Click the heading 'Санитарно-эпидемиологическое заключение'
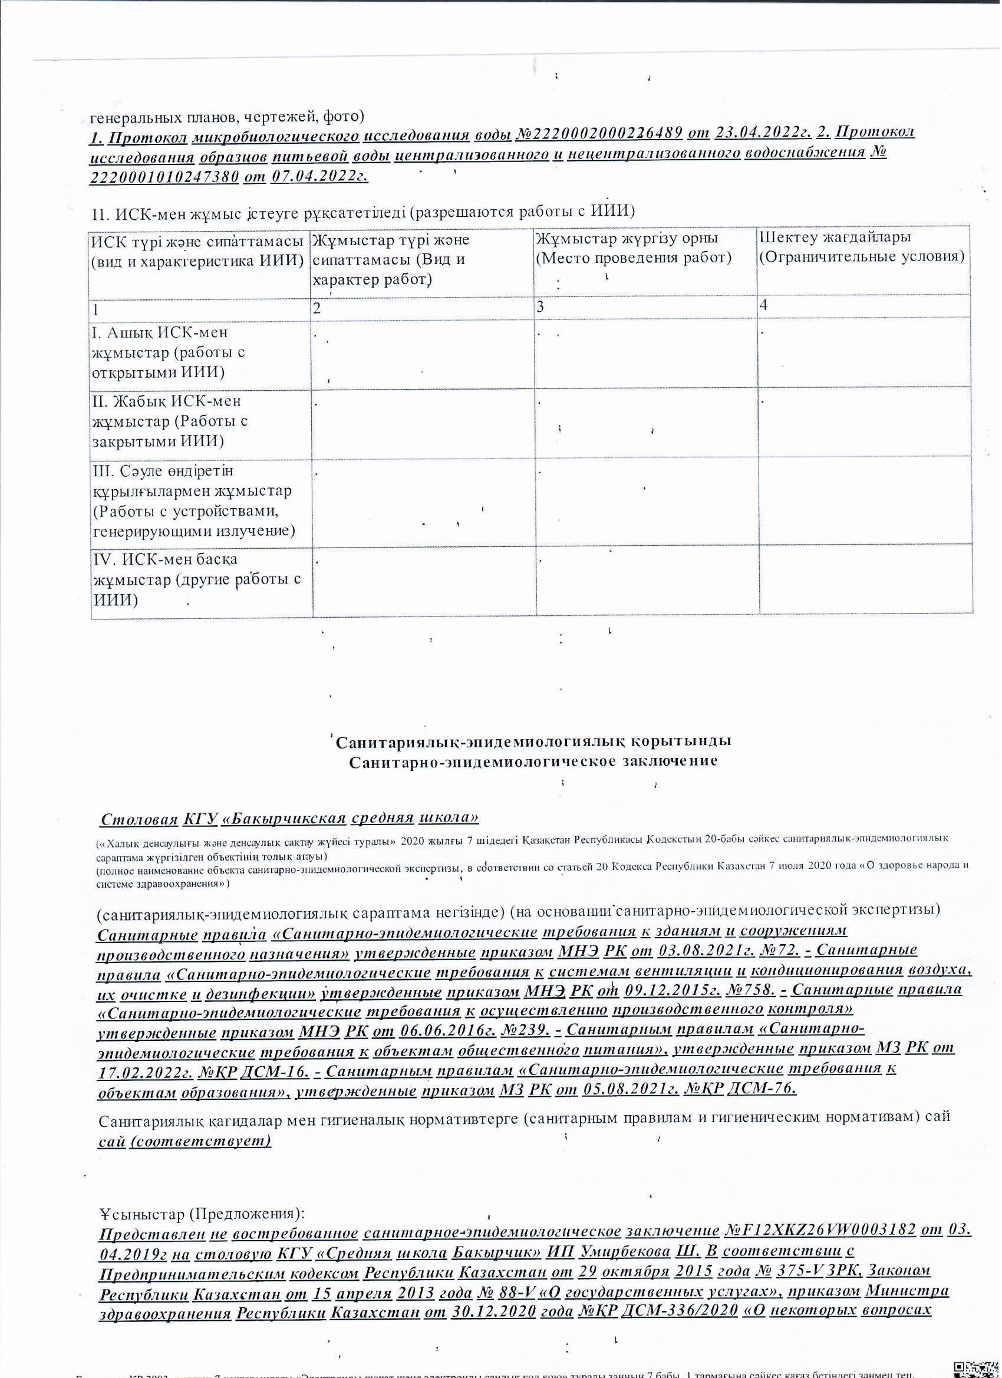533,761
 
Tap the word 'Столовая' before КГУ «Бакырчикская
140,819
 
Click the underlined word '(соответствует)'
200,1141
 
